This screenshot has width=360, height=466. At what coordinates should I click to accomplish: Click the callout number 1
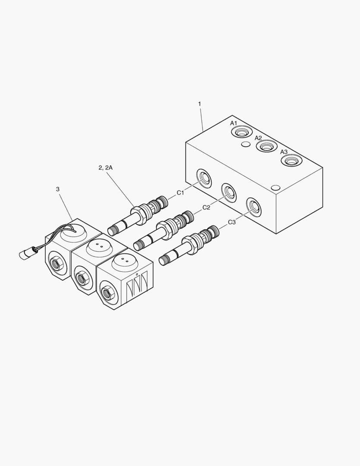[200, 104]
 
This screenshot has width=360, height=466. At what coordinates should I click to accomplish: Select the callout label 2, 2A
[105, 168]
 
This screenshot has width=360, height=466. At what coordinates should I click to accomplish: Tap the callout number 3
[58, 189]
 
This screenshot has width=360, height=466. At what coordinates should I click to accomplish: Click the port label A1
[233, 123]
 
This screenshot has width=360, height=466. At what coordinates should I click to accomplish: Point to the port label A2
[258, 138]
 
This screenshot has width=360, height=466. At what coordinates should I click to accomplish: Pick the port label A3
[284, 152]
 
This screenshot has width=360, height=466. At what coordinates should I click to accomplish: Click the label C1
[180, 193]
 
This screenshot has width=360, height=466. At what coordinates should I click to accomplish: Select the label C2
[206, 208]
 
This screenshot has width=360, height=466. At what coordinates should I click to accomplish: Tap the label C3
[232, 222]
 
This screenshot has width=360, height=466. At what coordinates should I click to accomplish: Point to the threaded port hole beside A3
[291, 161]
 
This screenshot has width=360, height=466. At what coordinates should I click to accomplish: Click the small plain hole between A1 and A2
[245, 144]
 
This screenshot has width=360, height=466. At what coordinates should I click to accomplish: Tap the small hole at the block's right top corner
[275, 188]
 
